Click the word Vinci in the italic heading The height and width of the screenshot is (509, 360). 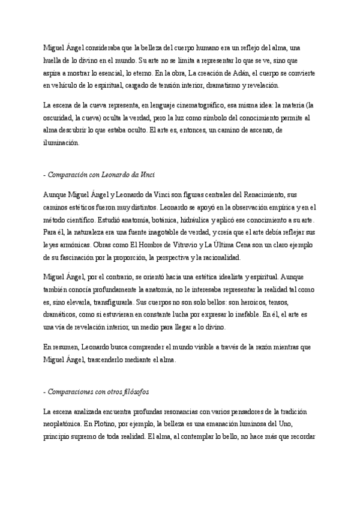[146, 175]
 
